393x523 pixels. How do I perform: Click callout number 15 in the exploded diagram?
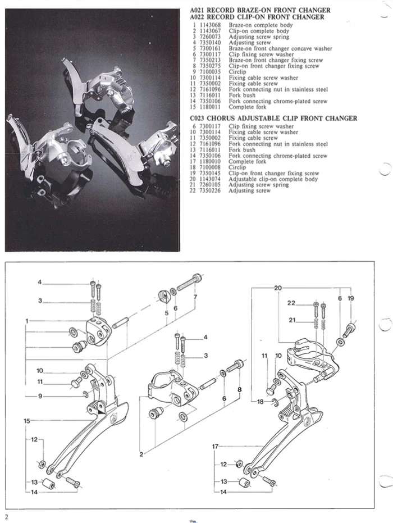click(26, 420)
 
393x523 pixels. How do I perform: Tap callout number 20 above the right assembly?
click(278, 288)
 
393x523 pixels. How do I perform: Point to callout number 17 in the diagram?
click(214, 446)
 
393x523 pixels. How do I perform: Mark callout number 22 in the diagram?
click(291, 303)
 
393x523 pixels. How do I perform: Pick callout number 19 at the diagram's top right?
click(351, 299)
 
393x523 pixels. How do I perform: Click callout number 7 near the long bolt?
click(195, 296)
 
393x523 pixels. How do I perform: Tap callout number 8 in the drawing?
click(240, 389)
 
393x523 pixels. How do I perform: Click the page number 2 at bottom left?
click(6, 516)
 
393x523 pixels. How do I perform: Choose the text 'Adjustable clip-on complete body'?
click(273, 179)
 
